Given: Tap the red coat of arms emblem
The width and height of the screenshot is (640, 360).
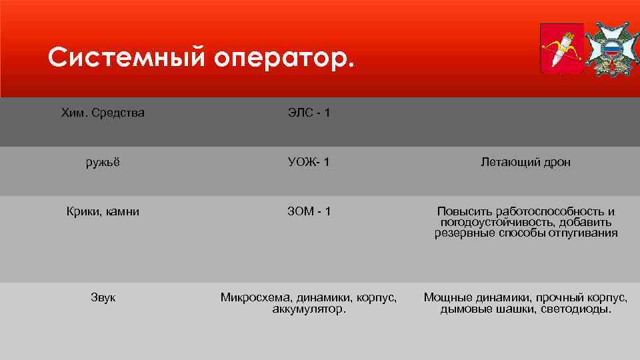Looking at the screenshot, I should point(561,48).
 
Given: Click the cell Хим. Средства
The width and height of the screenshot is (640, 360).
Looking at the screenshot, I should point(103,113).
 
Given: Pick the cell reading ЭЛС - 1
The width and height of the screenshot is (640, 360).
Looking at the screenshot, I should point(309,113).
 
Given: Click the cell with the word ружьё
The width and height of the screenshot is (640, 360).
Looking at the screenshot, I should point(103,162).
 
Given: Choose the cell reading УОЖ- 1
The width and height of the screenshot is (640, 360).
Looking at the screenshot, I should point(309,162).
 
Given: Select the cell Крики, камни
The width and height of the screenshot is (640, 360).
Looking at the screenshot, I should point(103,211).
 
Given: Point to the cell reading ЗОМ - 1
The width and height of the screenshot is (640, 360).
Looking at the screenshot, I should point(309,211).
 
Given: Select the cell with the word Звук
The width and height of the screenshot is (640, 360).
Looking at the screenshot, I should point(103,297).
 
